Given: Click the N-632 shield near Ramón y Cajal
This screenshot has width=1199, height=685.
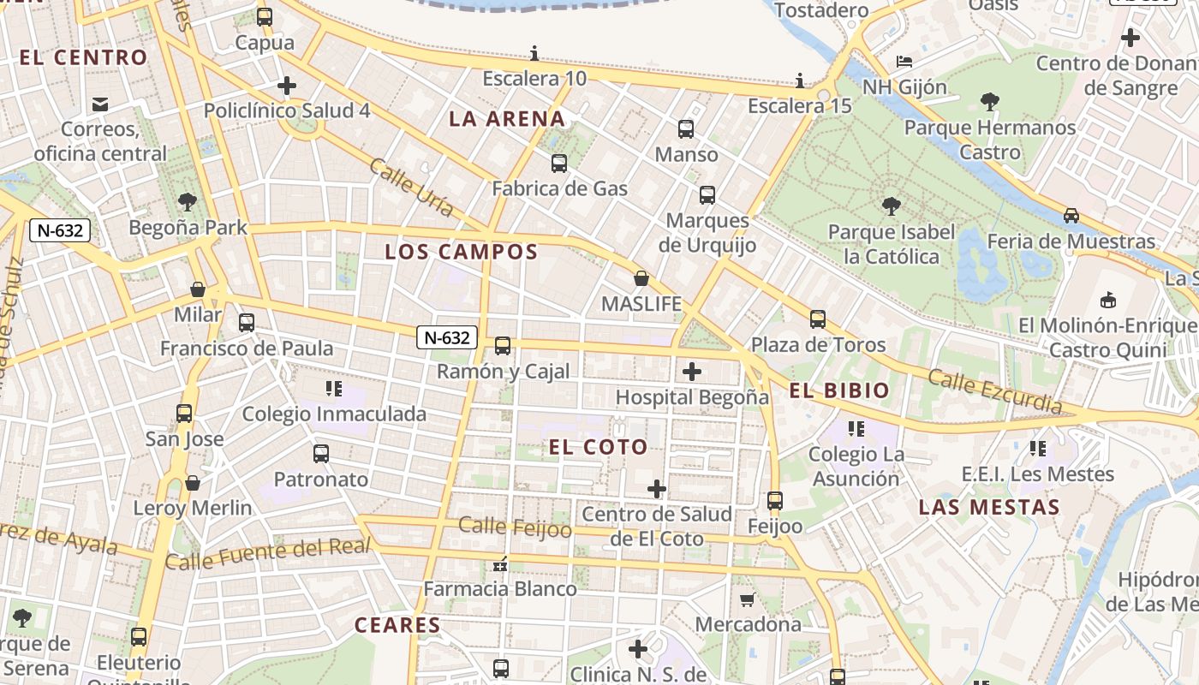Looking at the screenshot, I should click(x=447, y=337).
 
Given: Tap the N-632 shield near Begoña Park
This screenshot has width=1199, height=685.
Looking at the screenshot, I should click(x=60, y=229).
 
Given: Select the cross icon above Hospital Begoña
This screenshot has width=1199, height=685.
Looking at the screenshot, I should click(x=691, y=372).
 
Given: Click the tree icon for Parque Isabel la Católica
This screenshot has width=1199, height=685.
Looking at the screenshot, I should click(x=891, y=206).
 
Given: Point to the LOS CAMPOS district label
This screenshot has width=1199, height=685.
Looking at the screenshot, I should click(x=461, y=252).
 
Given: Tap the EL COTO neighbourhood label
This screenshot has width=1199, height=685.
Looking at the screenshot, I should click(x=598, y=447).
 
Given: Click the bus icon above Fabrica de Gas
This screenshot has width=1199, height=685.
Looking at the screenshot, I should click(x=559, y=163).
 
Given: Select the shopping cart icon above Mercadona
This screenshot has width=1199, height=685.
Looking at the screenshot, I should click(x=748, y=599).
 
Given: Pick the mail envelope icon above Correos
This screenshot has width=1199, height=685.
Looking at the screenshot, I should click(x=100, y=104).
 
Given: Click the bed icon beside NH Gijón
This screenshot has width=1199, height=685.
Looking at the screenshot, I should click(x=904, y=62).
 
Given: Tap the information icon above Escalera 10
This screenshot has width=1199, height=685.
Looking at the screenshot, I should click(x=534, y=54).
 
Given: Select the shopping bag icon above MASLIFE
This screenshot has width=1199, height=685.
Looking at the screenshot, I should click(x=641, y=278).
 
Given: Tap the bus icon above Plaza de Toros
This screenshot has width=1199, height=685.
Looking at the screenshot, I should click(x=818, y=319).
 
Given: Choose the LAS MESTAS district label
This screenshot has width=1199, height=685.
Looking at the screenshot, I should click(x=989, y=507).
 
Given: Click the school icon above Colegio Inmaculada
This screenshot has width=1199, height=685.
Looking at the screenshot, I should click(x=334, y=389).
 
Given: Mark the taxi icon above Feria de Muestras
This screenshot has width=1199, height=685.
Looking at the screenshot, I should click(x=1071, y=216).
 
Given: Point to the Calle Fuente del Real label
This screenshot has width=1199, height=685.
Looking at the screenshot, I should click(x=268, y=554).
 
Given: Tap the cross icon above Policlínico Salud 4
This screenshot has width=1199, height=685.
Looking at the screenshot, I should click(x=287, y=86).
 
